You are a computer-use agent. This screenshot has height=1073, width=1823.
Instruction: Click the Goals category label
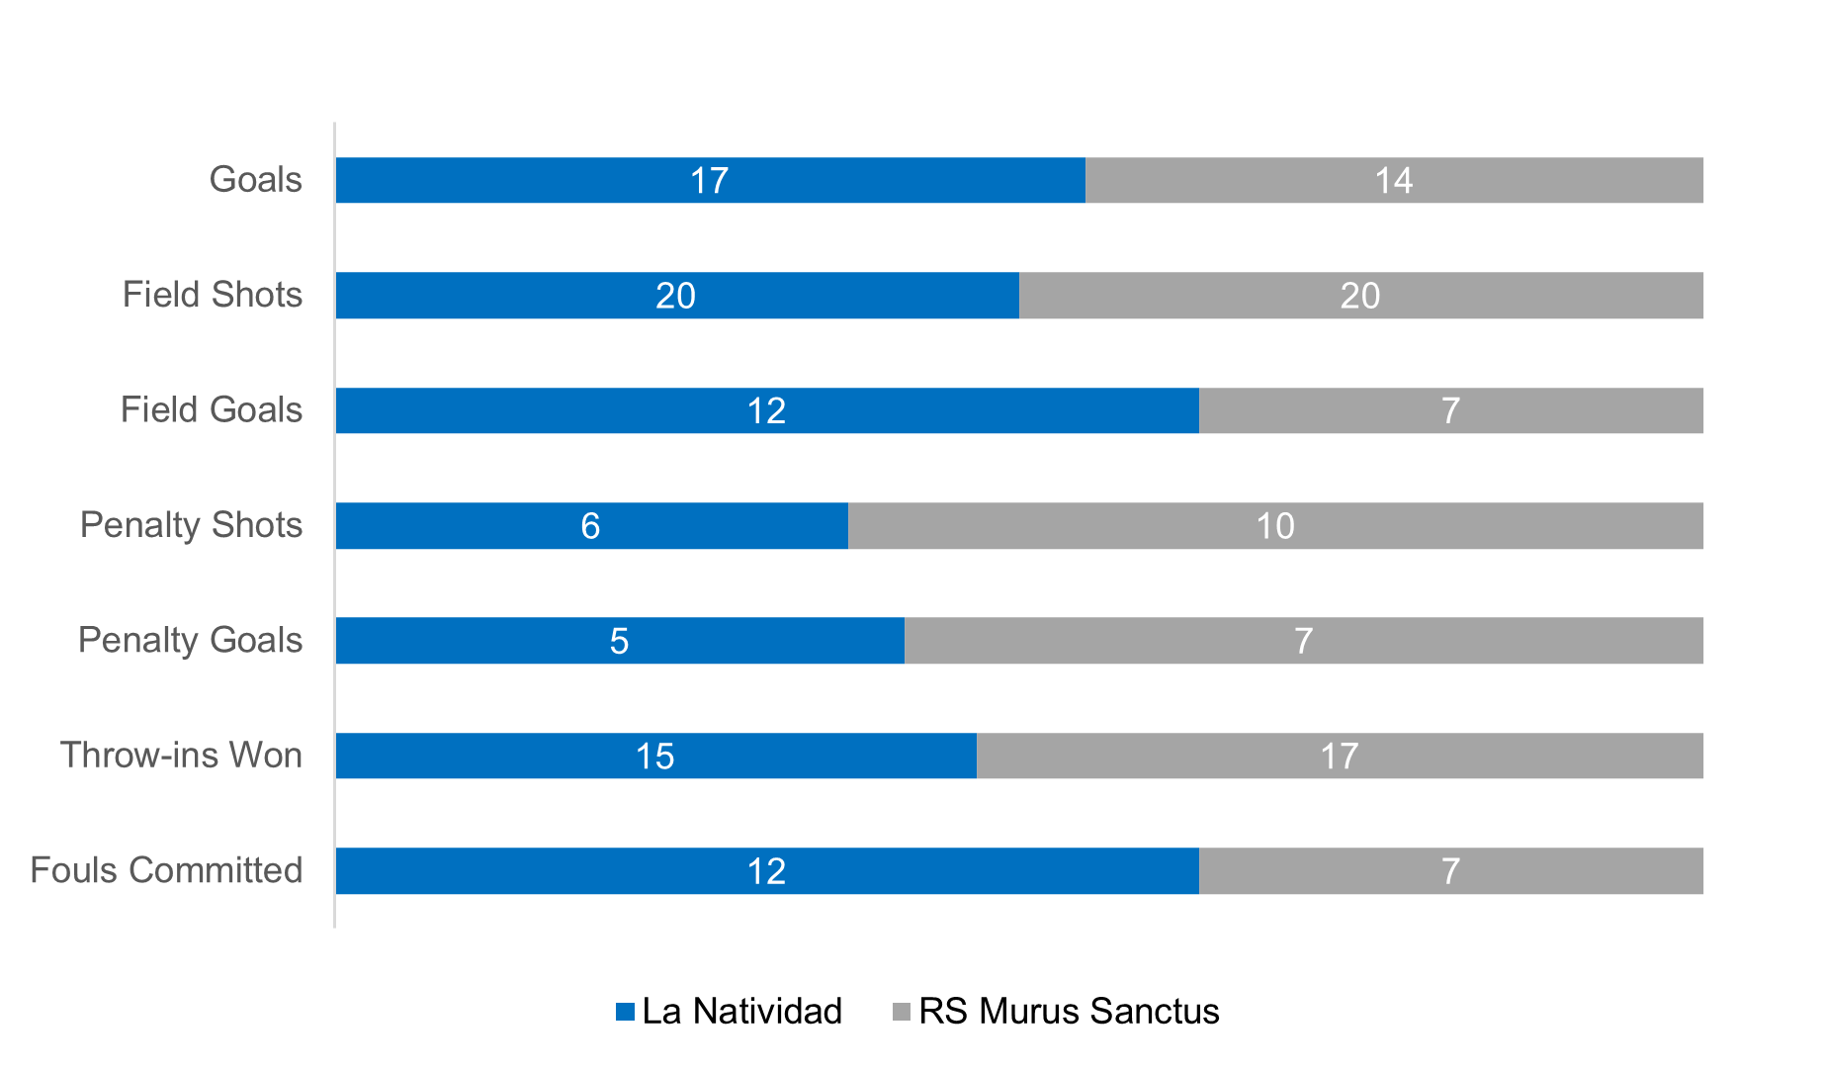coord(256,180)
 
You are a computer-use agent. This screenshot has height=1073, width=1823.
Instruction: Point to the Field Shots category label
coord(213,295)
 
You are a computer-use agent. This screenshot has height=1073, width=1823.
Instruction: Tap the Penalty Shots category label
coord(191,525)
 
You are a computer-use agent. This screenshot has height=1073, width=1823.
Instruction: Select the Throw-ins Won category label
coord(181,756)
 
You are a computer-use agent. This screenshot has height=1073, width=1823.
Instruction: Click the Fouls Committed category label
coord(166,870)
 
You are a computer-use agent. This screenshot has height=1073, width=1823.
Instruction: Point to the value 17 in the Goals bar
coord(709,181)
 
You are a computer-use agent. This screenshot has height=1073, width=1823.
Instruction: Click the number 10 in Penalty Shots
coord(1275,526)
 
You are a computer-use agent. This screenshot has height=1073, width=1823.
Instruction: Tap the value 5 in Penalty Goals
coord(619,641)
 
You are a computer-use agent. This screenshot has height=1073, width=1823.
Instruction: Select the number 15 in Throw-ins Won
coord(654,757)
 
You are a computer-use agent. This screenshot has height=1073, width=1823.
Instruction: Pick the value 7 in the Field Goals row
coord(1450,410)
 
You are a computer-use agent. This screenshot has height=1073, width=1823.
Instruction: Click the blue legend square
coord(625,1012)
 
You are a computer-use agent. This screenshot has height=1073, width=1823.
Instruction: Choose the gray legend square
coord(901,1012)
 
